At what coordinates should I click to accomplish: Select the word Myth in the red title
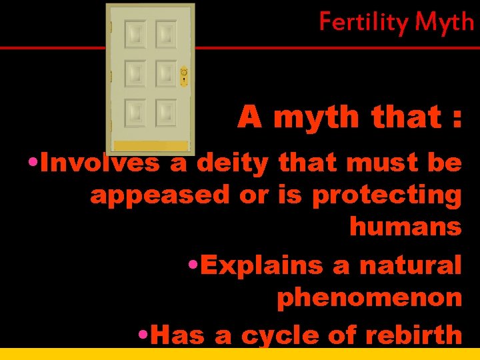(x=444, y=23)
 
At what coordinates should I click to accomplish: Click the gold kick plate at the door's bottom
(x=150, y=145)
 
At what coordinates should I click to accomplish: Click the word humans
(x=405, y=227)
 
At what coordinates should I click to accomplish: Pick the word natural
(x=410, y=265)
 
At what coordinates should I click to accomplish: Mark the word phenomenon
(x=369, y=297)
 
